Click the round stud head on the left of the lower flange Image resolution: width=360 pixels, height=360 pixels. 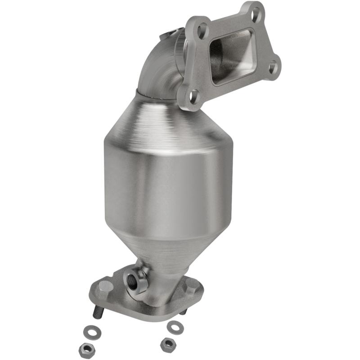[x=105, y=286]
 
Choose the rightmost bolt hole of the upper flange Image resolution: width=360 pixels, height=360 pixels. [x=273, y=67]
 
